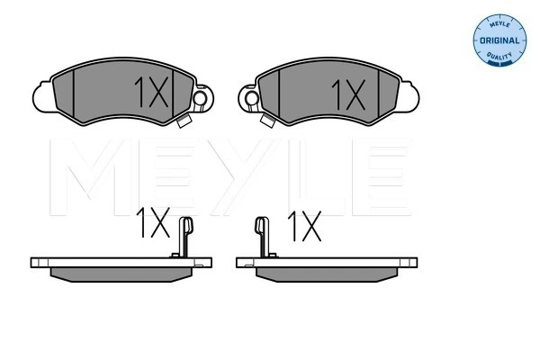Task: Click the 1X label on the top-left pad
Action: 151,92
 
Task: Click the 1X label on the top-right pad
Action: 348,94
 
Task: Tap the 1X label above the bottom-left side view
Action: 153,222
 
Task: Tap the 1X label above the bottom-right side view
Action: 304,226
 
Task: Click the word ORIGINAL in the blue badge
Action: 499,40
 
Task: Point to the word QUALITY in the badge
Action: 499,55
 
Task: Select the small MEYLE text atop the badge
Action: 499,24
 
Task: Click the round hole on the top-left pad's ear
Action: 200,98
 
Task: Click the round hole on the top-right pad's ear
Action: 251,98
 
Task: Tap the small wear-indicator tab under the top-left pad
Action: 184,121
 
